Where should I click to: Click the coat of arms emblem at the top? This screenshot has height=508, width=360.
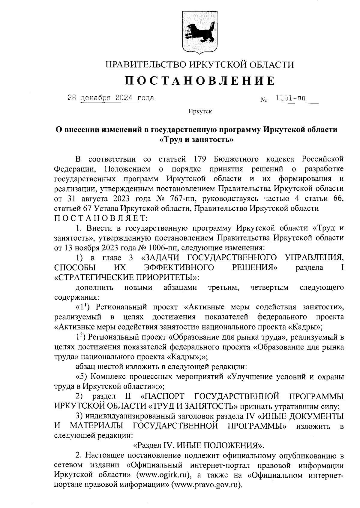(199, 33)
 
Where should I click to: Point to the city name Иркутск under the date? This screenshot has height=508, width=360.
(200, 112)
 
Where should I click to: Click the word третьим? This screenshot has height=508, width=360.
(223, 288)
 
